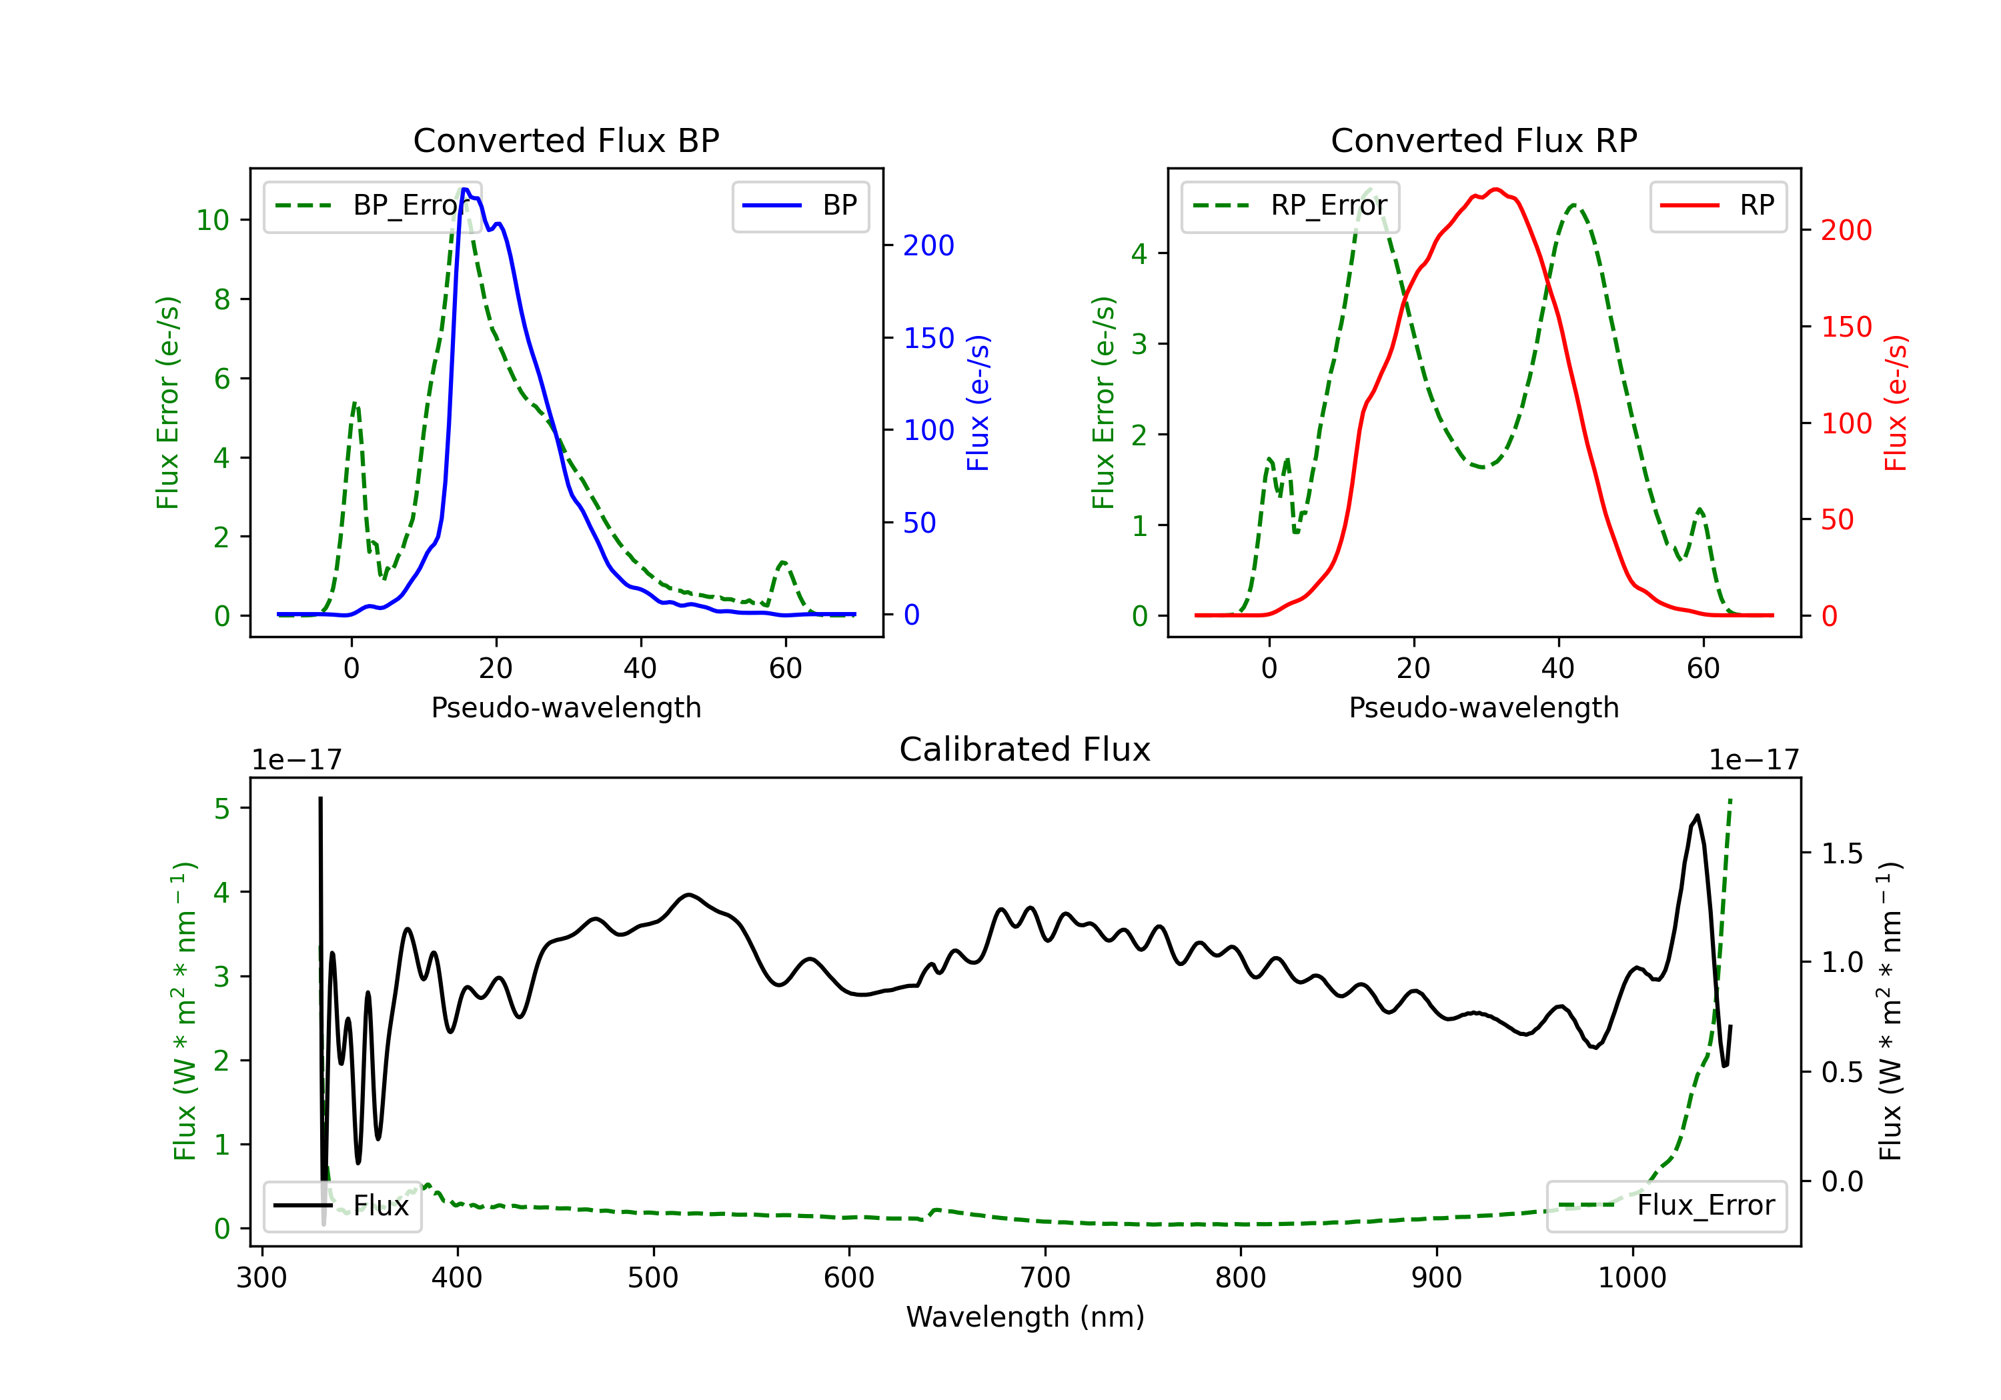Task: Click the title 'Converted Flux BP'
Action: [566, 140]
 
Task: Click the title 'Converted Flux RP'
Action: [1484, 140]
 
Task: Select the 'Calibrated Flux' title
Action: [1025, 749]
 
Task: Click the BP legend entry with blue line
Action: [800, 205]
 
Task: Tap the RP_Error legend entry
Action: [1290, 205]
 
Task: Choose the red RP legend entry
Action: [1718, 205]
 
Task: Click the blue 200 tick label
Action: [929, 246]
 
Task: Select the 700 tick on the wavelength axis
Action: [1045, 1278]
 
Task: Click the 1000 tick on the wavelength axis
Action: [1632, 1278]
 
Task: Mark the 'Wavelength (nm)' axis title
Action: [1025, 1317]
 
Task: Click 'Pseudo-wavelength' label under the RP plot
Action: [1484, 707]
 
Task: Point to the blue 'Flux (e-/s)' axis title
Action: [978, 403]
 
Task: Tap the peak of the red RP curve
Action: [1495, 189]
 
